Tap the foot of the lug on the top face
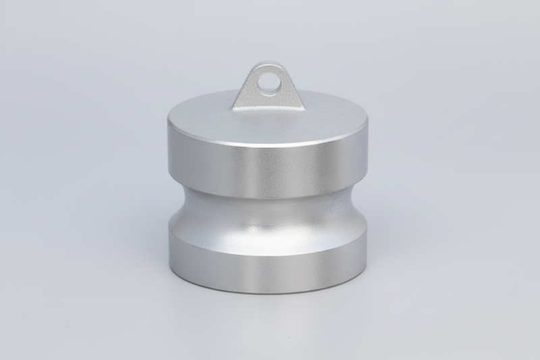click(268, 108)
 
